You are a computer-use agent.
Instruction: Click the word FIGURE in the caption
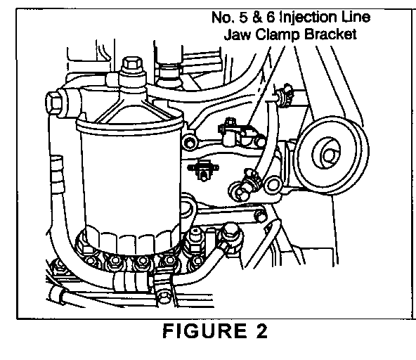pos(204,330)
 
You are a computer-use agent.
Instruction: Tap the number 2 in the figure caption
pos(261,330)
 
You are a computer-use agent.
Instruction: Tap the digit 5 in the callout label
pos(245,18)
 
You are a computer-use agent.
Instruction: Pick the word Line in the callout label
pos(356,17)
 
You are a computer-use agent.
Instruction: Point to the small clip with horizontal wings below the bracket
pos(203,170)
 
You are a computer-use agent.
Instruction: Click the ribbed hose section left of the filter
pos(58,174)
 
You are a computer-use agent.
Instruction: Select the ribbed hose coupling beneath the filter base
pos(131,283)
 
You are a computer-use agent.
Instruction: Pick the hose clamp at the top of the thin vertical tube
pos(285,95)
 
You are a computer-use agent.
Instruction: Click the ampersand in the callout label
pos(257,18)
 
